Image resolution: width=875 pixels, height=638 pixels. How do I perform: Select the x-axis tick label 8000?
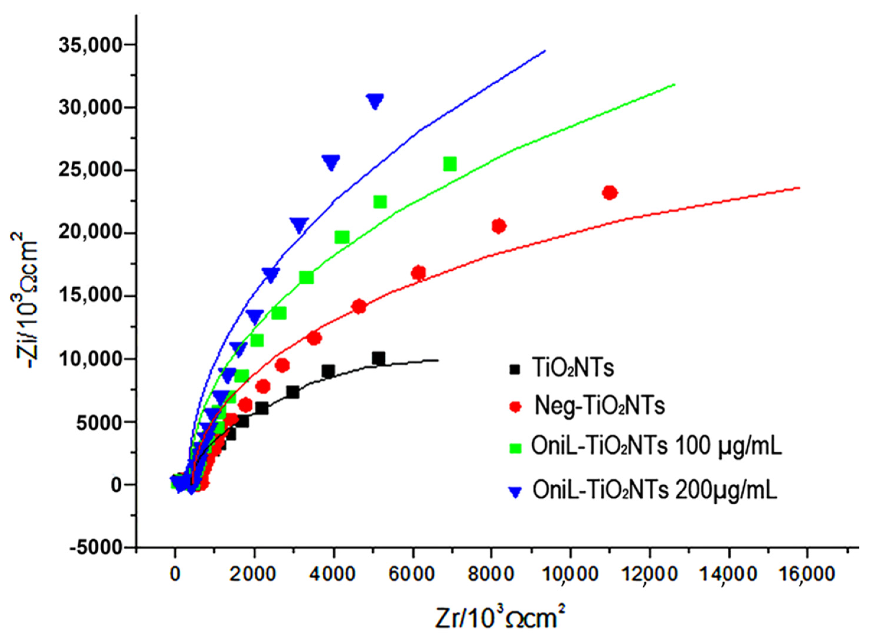point(491,574)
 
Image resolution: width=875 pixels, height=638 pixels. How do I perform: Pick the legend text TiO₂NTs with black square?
point(573,368)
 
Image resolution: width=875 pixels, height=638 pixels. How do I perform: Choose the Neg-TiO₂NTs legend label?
point(600,406)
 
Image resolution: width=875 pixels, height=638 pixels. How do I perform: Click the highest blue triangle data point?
point(375,101)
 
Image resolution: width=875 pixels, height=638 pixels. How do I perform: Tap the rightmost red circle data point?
point(610,193)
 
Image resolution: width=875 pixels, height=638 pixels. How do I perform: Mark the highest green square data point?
point(450,164)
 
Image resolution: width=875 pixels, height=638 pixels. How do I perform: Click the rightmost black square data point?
point(378,359)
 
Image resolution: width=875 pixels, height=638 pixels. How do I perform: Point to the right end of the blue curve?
point(545,50)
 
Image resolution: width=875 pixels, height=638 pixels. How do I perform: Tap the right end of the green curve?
point(674,84)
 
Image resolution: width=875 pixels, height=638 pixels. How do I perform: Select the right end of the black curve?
point(438,360)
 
